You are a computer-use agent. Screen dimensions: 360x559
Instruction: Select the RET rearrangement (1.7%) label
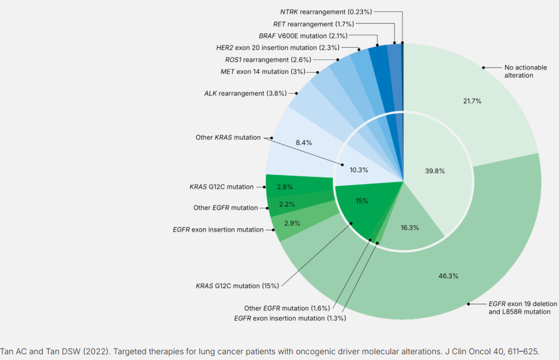[314, 24]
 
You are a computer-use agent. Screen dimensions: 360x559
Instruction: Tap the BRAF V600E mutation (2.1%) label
[303, 36]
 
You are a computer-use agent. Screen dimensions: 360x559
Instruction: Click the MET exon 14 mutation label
[262, 71]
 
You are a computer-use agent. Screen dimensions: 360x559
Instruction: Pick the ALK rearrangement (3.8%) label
[244, 94]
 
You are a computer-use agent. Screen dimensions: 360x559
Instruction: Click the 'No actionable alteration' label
[519, 71]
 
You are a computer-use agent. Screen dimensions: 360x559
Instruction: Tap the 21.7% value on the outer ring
[472, 101]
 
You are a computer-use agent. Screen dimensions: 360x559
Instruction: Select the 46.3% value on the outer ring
[448, 276]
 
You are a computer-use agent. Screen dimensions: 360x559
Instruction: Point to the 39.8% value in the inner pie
[435, 170]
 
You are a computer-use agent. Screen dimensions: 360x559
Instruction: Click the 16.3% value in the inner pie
[409, 227]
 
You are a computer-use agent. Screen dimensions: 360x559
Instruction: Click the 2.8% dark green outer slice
[285, 186]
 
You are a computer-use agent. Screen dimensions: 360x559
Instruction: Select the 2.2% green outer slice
[286, 204]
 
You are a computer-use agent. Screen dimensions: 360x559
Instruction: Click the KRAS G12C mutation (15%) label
[238, 285]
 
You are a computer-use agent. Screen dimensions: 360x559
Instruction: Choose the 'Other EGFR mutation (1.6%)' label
[287, 308]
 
